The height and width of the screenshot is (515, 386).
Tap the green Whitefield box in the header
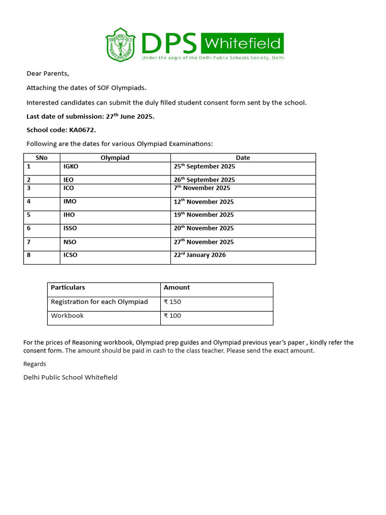(242, 43)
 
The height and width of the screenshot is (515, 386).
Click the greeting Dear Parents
(48, 73)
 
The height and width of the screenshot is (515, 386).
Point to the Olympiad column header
(115, 158)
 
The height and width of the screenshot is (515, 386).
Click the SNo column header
(42, 158)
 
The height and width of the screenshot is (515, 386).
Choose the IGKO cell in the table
(71, 166)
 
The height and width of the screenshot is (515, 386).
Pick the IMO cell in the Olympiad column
(70, 202)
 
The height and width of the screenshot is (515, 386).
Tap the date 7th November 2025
(202, 188)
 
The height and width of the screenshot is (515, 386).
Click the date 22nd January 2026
(200, 255)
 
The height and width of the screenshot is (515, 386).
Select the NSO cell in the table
(70, 242)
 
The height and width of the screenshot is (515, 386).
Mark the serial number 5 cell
(29, 215)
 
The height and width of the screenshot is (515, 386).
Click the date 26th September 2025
(204, 180)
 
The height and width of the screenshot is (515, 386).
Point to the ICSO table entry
(70, 255)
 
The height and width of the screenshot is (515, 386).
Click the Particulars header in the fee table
(68, 288)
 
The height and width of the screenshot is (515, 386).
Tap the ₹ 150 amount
(172, 302)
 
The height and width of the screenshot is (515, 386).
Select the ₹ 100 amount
(172, 316)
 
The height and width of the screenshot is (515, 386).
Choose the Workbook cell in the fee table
(67, 316)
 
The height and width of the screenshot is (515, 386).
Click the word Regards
(35, 364)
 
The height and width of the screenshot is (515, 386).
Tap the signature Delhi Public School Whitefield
(70, 377)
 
